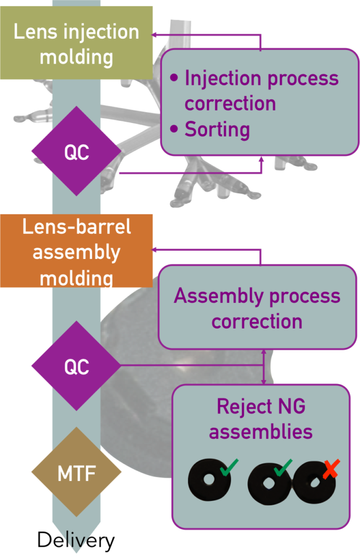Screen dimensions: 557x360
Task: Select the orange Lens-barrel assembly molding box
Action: (x=76, y=251)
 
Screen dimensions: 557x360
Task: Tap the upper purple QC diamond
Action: (x=76, y=152)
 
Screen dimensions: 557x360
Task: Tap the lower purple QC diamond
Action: (x=76, y=366)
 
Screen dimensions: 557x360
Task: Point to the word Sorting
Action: (x=217, y=129)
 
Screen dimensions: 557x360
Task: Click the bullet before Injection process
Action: (x=174, y=78)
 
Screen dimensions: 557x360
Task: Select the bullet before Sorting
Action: (x=174, y=129)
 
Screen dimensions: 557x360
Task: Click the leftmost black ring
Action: (x=209, y=481)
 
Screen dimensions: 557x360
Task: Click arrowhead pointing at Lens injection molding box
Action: (x=154, y=35)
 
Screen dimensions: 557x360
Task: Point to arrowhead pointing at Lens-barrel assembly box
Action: (x=154, y=250)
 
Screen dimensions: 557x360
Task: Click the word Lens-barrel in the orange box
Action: (x=76, y=227)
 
